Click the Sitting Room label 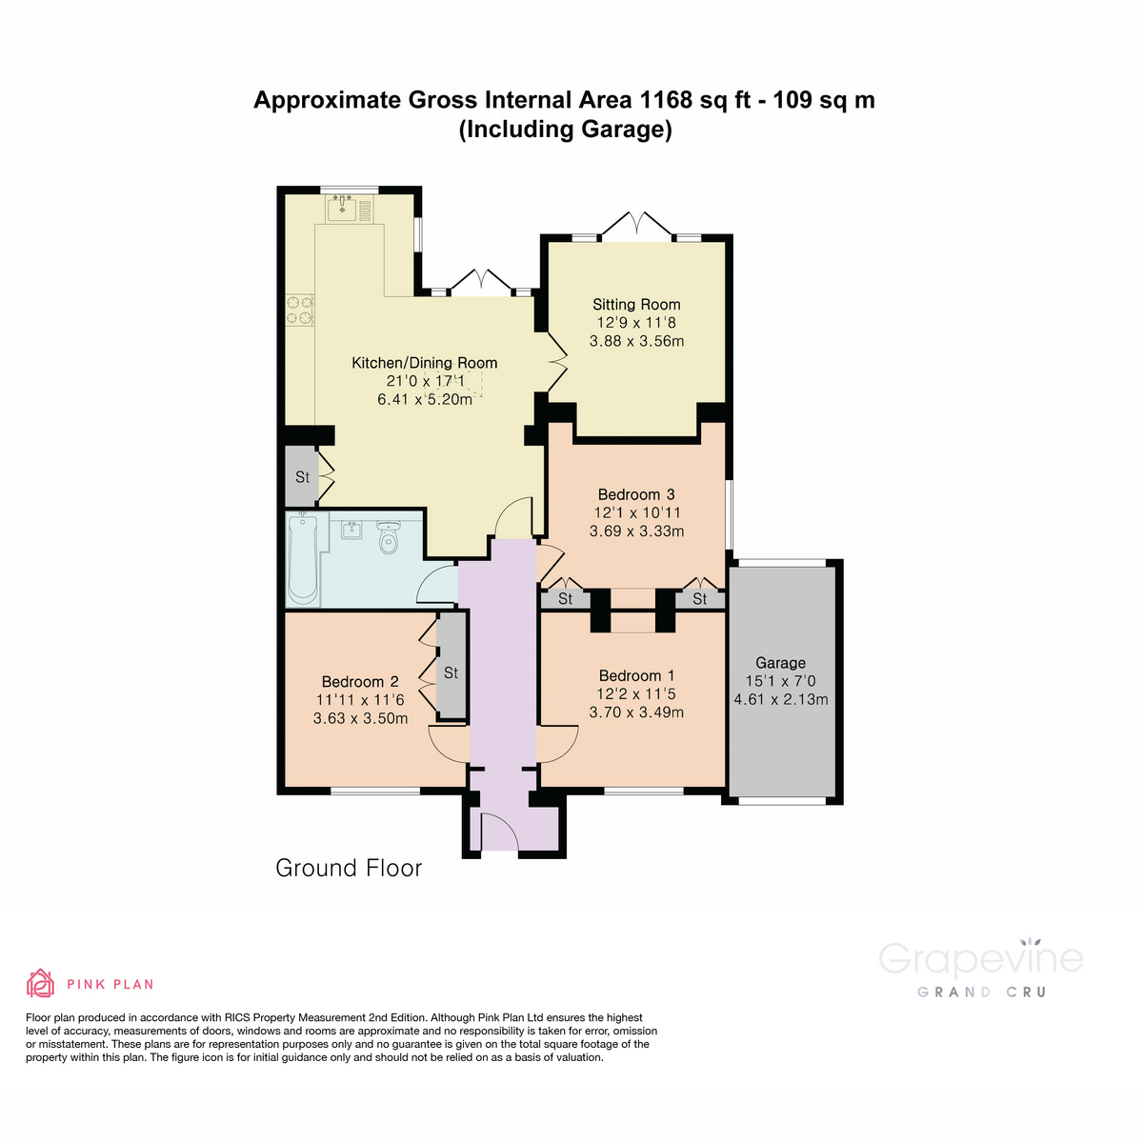(x=636, y=305)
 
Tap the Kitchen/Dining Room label (x=425, y=363)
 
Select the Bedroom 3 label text (x=636, y=494)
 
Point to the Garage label (x=780, y=663)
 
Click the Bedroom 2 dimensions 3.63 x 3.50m (x=360, y=718)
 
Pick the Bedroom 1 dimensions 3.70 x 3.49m (x=636, y=712)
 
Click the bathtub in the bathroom (x=303, y=558)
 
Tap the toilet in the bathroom (x=388, y=538)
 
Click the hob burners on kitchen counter (x=300, y=311)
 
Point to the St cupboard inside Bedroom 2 (x=451, y=673)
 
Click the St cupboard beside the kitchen (x=302, y=476)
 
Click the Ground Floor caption (x=349, y=868)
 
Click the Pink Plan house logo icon (x=40, y=983)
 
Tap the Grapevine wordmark (x=980, y=959)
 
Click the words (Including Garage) (x=566, y=130)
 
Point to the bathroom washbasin (x=351, y=530)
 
